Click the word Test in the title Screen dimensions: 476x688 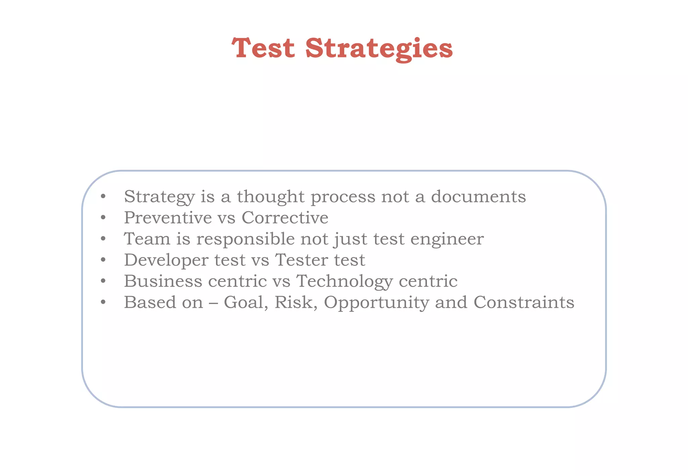tap(263, 48)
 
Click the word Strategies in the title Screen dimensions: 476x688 tap(379, 49)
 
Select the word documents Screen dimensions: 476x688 tap(478, 197)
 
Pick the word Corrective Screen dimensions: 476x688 tap(285, 218)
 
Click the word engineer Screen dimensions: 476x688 tap(447, 239)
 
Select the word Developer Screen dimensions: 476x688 tap(166, 260)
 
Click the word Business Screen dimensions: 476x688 tap(163, 281)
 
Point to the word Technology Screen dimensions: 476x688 tap(344, 282)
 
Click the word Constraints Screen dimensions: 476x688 tap(524, 302)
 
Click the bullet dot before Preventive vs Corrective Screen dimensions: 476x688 tap(103, 218)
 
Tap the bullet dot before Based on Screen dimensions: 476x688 tap(103, 303)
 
